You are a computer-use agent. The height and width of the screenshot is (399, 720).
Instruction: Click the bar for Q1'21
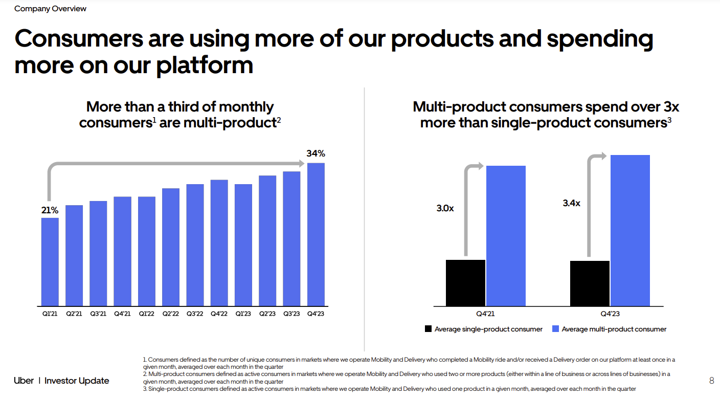coord(50,261)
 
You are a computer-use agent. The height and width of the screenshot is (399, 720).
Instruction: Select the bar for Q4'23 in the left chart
coord(316,234)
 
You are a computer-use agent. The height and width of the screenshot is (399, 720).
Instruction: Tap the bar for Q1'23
coord(243,245)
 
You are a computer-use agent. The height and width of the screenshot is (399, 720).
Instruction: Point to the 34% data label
coord(316,153)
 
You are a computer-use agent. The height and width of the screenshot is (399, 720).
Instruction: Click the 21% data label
coord(50,210)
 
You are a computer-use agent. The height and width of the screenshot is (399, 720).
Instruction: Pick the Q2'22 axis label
coord(171,314)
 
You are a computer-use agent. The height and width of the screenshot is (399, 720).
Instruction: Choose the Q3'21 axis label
coord(98,314)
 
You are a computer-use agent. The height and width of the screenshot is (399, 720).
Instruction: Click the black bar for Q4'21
coord(465,283)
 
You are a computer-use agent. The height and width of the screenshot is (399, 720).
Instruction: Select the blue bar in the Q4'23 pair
coord(630,230)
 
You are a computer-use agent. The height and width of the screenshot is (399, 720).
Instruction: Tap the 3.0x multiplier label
coord(445,208)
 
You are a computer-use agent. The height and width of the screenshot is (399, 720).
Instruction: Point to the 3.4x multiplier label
coord(572,203)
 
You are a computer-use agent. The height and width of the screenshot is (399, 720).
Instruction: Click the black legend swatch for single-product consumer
coord(428,329)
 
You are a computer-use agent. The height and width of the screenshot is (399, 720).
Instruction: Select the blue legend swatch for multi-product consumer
coord(555,329)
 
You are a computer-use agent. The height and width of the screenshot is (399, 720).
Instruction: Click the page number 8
coord(712,381)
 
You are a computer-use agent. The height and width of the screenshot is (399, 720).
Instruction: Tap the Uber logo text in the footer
coord(24,381)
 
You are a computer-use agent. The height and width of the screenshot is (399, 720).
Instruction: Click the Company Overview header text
coord(50,9)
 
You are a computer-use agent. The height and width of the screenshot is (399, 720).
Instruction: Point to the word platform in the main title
coord(205,65)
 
